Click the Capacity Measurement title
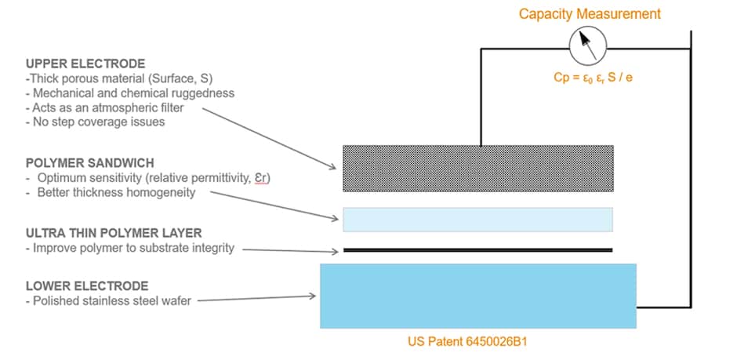pyautogui.click(x=590, y=14)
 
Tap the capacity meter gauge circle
pyautogui.click(x=587, y=45)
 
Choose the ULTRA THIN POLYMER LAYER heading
pyautogui.click(x=113, y=232)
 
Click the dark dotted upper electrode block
pyautogui.click(x=477, y=169)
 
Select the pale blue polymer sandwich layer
pyautogui.click(x=477, y=220)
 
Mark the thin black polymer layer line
pyautogui.click(x=477, y=250)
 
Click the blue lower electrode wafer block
pyautogui.click(x=477, y=296)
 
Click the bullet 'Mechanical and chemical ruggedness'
pyautogui.click(x=129, y=93)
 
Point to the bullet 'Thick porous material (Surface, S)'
pyautogui.click(x=122, y=78)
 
